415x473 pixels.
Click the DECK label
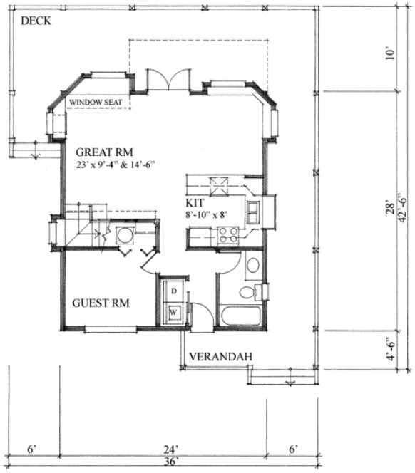point(35,21)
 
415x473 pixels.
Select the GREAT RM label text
point(104,151)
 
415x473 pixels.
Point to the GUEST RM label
point(101,303)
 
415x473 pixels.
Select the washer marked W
point(172,311)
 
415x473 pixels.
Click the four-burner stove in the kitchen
point(228,235)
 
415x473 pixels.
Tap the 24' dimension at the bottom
point(170,449)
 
